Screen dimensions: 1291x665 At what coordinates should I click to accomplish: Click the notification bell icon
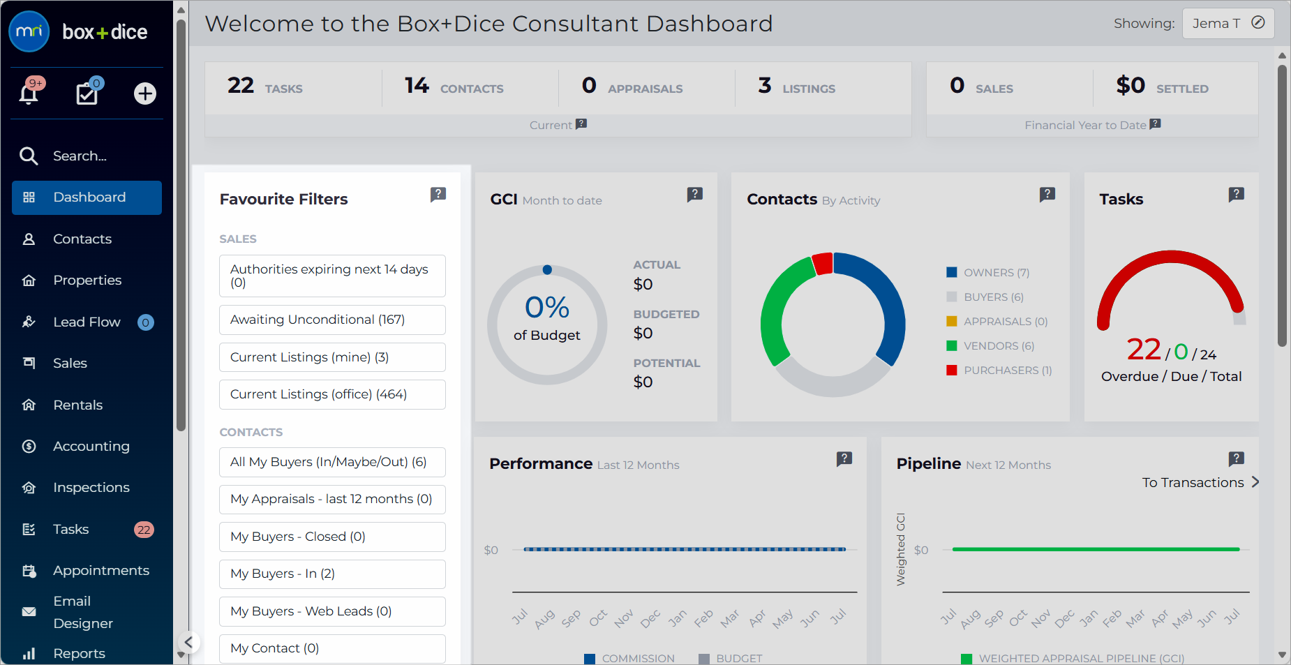pyautogui.click(x=29, y=94)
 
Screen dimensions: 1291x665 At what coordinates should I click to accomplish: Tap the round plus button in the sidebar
pyautogui.click(x=145, y=94)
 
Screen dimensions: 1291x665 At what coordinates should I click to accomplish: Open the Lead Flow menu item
pyautogui.click(x=87, y=322)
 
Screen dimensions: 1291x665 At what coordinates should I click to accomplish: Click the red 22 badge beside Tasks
pyautogui.click(x=144, y=530)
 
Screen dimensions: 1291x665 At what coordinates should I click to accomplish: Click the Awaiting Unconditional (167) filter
pyautogui.click(x=332, y=320)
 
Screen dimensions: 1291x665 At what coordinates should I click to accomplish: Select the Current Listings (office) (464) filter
pyautogui.click(x=332, y=394)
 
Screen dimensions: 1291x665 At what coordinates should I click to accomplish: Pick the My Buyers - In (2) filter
pyautogui.click(x=332, y=574)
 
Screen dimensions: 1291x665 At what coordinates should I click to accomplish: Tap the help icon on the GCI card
pyautogui.click(x=695, y=194)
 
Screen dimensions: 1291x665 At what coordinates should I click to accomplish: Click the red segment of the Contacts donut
pyautogui.click(x=823, y=264)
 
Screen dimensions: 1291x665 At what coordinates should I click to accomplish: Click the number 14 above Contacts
pyautogui.click(x=417, y=85)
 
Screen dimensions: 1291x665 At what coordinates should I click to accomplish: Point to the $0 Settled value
pyautogui.click(x=1130, y=85)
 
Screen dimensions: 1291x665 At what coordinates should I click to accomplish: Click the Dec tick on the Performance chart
pyautogui.click(x=650, y=619)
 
